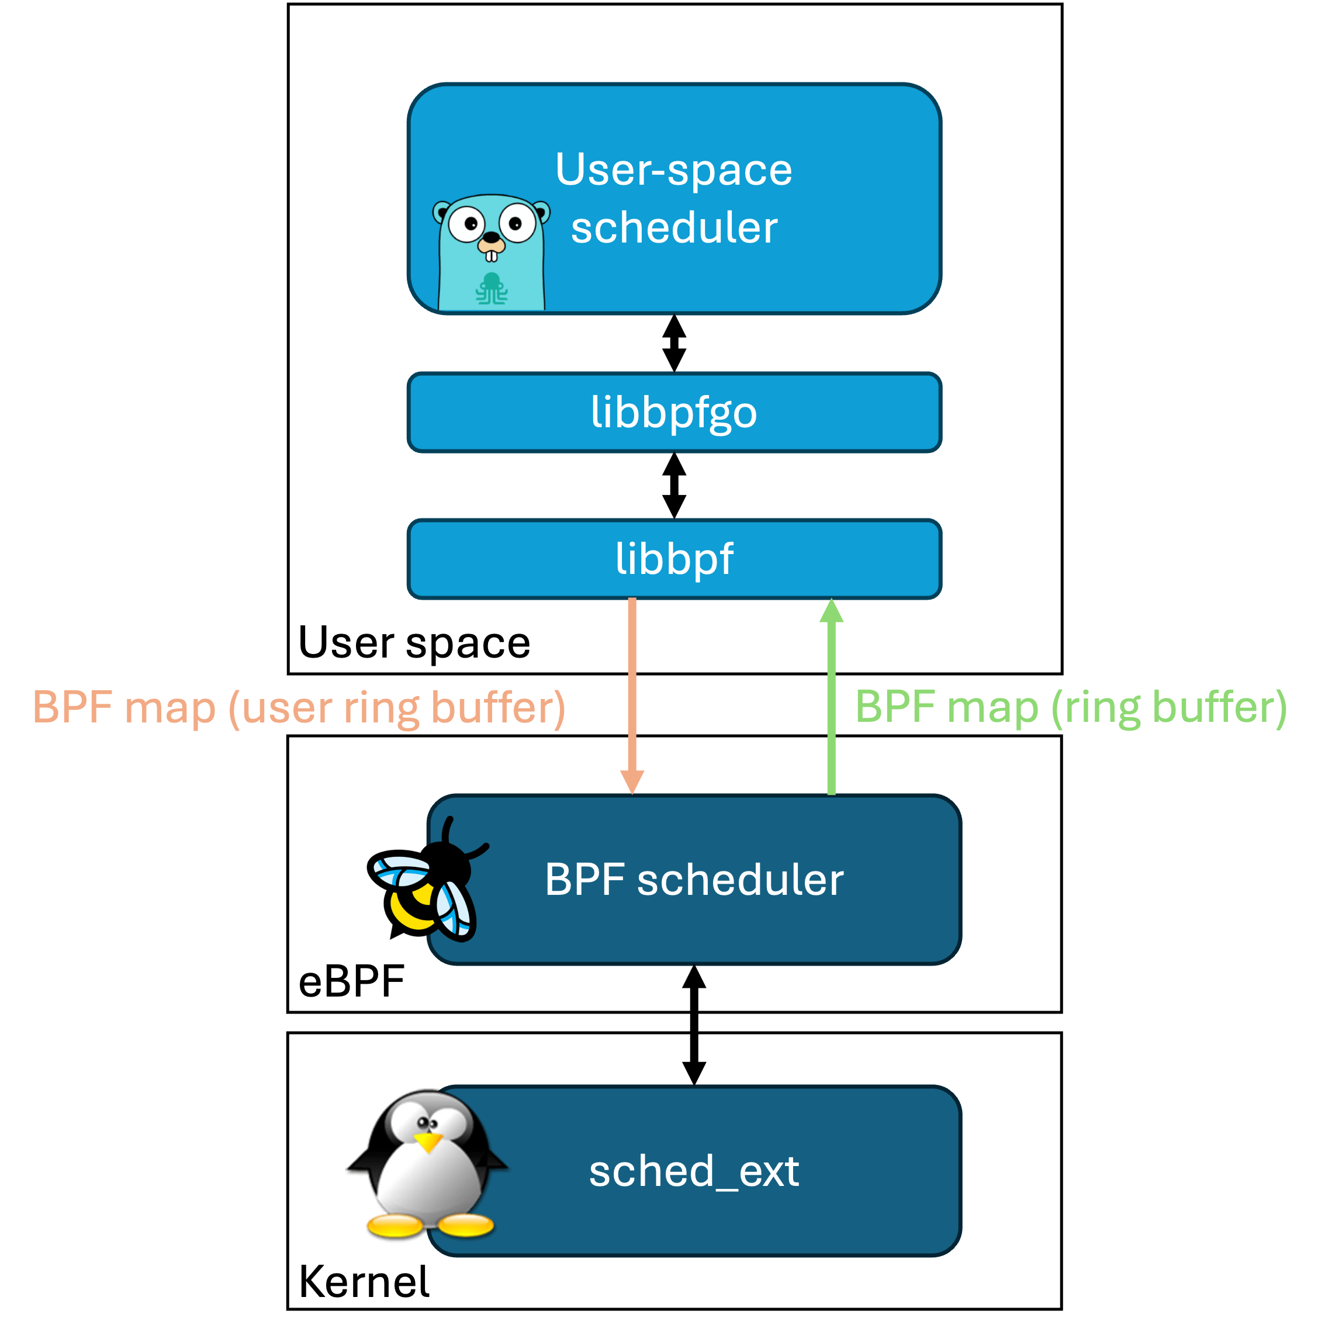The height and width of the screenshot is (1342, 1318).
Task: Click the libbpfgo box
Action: (674, 413)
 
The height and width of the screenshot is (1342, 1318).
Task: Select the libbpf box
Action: (674, 559)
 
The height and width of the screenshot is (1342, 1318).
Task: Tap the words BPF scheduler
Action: (694, 880)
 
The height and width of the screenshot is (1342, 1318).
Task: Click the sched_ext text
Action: (694, 1171)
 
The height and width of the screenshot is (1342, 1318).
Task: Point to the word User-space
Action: (673, 170)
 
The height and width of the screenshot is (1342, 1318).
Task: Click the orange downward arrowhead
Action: (632, 782)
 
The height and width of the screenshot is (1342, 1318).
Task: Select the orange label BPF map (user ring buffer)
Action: (299, 707)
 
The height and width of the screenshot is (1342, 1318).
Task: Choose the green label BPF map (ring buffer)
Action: (1071, 707)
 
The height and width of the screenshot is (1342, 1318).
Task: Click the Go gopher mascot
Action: (492, 253)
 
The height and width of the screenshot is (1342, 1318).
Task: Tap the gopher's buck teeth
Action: (492, 256)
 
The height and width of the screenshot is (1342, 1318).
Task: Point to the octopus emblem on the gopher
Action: (492, 289)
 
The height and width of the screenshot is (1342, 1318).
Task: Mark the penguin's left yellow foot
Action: (395, 1226)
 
